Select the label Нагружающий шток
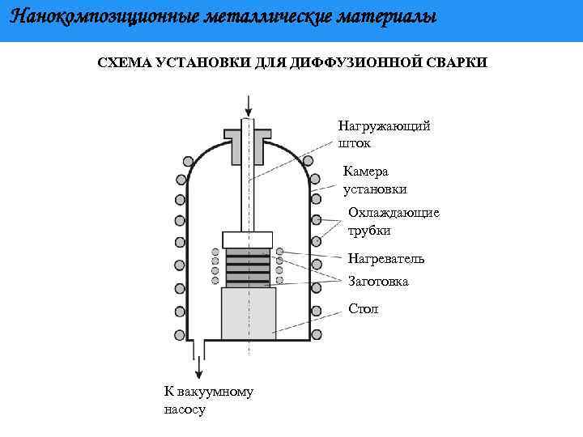tap(384, 134)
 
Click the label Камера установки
tap(375, 180)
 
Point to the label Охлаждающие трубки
tap(394, 221)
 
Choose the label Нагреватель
tap(385, 259)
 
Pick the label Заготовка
tap(378, 282)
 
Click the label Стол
tap(363, 309)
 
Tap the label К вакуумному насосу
tap(208, 401)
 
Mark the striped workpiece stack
tap(248, 267)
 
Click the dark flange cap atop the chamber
tap(248, 142)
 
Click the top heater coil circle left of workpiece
tap(216, 252)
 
